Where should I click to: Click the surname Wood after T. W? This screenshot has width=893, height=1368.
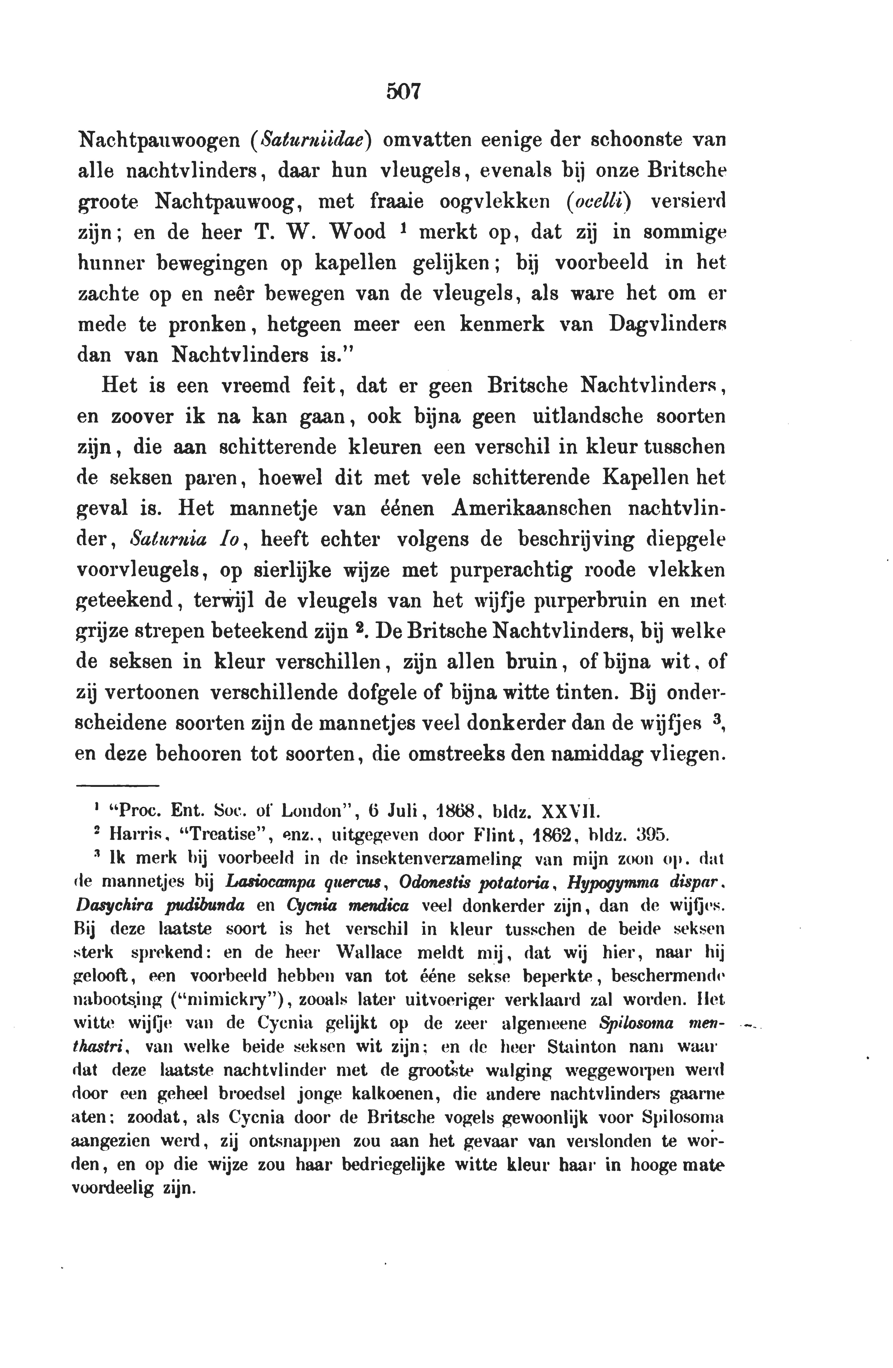[358, 232]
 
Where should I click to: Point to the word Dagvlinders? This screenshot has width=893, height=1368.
[667, 324]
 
